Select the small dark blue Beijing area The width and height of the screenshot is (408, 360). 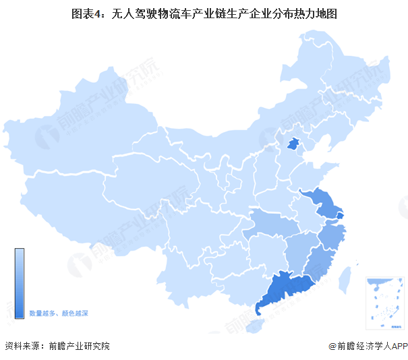[x=293, y=144]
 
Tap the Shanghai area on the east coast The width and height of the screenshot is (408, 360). [x=339, y=215]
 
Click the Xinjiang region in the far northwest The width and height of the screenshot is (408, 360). [x=74, y=135]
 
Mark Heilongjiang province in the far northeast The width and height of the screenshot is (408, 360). [x=337, y=74]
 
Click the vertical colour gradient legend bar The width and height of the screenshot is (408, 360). [x=20, y=277]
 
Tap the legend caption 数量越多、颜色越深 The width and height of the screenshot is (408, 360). [x=59, y=313]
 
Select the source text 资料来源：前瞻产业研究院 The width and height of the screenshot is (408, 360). [x=57, y=347]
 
